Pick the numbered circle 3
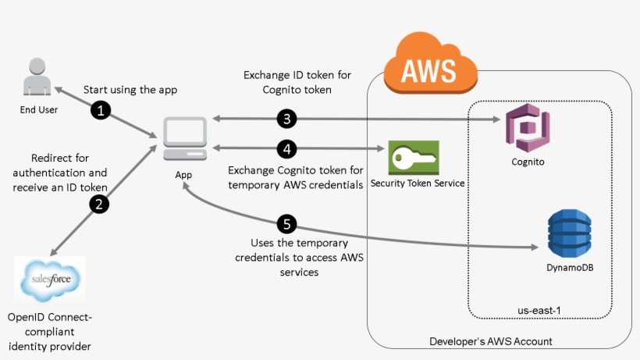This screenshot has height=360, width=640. tap(287, 119)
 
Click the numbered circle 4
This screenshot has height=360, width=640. tap(287, 148)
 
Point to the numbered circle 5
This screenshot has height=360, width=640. tap(287, 224)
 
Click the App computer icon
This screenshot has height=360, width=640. tap(183, 139)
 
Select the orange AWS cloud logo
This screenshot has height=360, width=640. tap(428, 63)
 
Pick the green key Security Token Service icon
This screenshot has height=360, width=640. tap(413, 158)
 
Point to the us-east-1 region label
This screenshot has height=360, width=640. tap(539, 310)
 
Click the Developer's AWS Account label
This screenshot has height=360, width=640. tap(491, 341)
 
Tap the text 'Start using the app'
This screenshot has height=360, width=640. tap(130, 90)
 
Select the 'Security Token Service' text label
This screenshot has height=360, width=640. tap(418, 183)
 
